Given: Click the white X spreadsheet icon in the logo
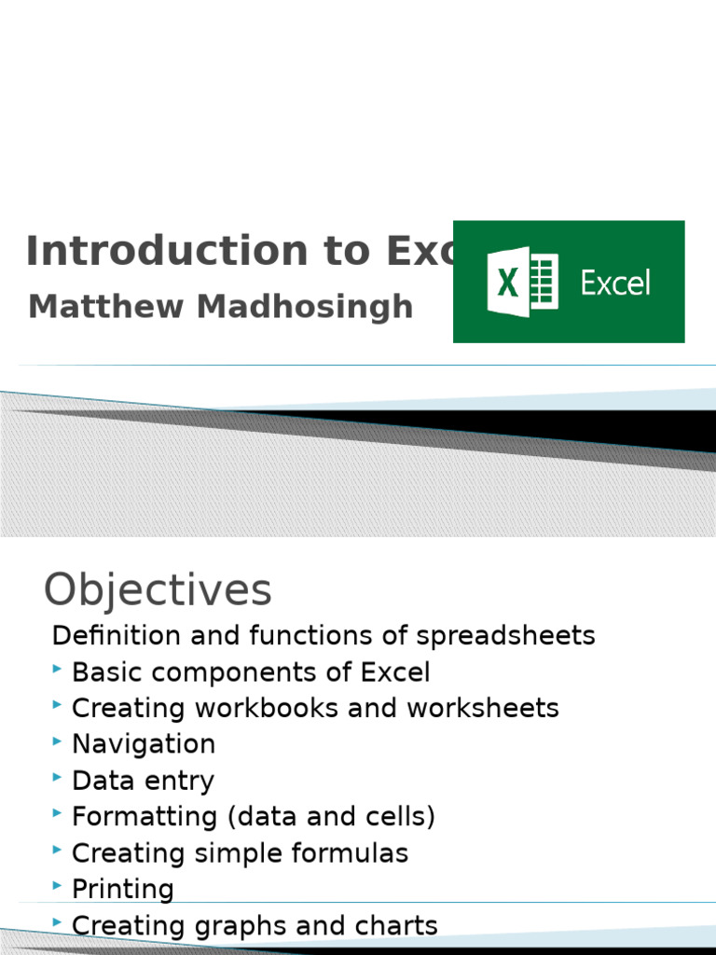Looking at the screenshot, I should pos(521,282).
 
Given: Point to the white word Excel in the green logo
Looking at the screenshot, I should pos(615,283).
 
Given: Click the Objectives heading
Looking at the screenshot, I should pos(158,589).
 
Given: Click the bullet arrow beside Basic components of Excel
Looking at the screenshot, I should pos(58,669).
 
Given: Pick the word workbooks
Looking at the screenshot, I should pos(267,708).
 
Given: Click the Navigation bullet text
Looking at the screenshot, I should pos(144,744).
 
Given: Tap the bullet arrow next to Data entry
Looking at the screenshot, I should pos(58,777).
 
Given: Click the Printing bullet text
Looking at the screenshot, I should pos(123,889).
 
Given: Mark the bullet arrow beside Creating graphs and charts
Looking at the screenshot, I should pos(58,921).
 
